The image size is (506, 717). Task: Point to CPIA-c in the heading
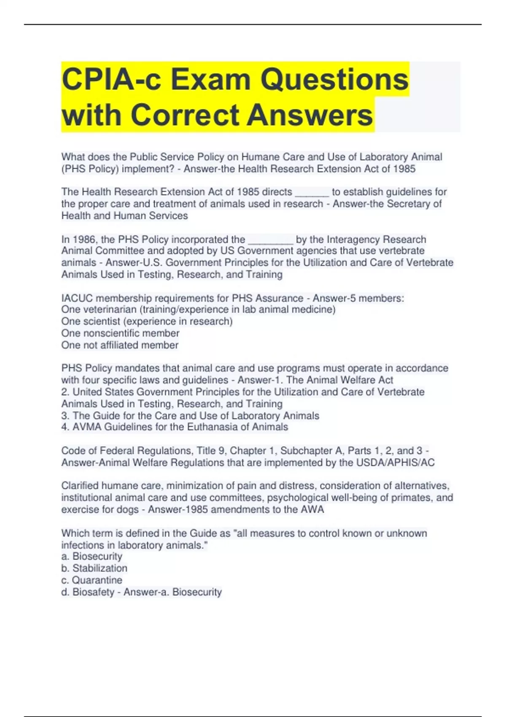pos(111,79)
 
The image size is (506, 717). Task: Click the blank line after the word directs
pos(312,192)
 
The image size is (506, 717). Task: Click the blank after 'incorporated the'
pos(270,240)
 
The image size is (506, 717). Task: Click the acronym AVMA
pos(86,427)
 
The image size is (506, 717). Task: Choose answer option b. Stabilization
pos(94,568)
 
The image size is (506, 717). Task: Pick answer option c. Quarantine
pos(92,580)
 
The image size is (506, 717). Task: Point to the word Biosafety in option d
pos(93,592)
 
